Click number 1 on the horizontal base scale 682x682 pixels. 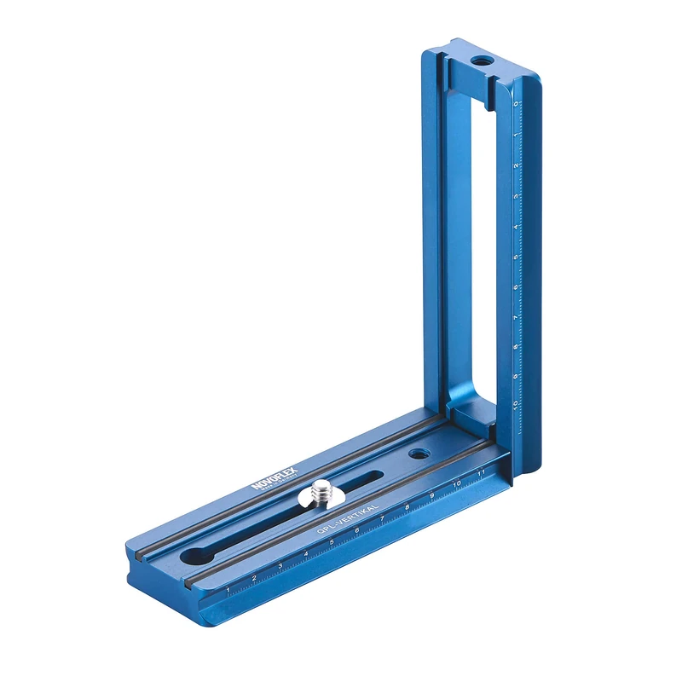tap(228, 589)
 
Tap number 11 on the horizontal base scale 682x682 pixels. tap(482, 471)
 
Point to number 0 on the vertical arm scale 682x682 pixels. tap(517, 104)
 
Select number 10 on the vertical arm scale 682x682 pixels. tap(517, 404)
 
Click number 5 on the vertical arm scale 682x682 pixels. tap(517, 257)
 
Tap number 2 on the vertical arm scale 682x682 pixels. tap(517, 165)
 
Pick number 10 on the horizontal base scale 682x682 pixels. tap(457, 483)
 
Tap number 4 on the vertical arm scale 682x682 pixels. tap(517, 227)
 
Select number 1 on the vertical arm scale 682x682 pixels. tap(517, 135)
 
